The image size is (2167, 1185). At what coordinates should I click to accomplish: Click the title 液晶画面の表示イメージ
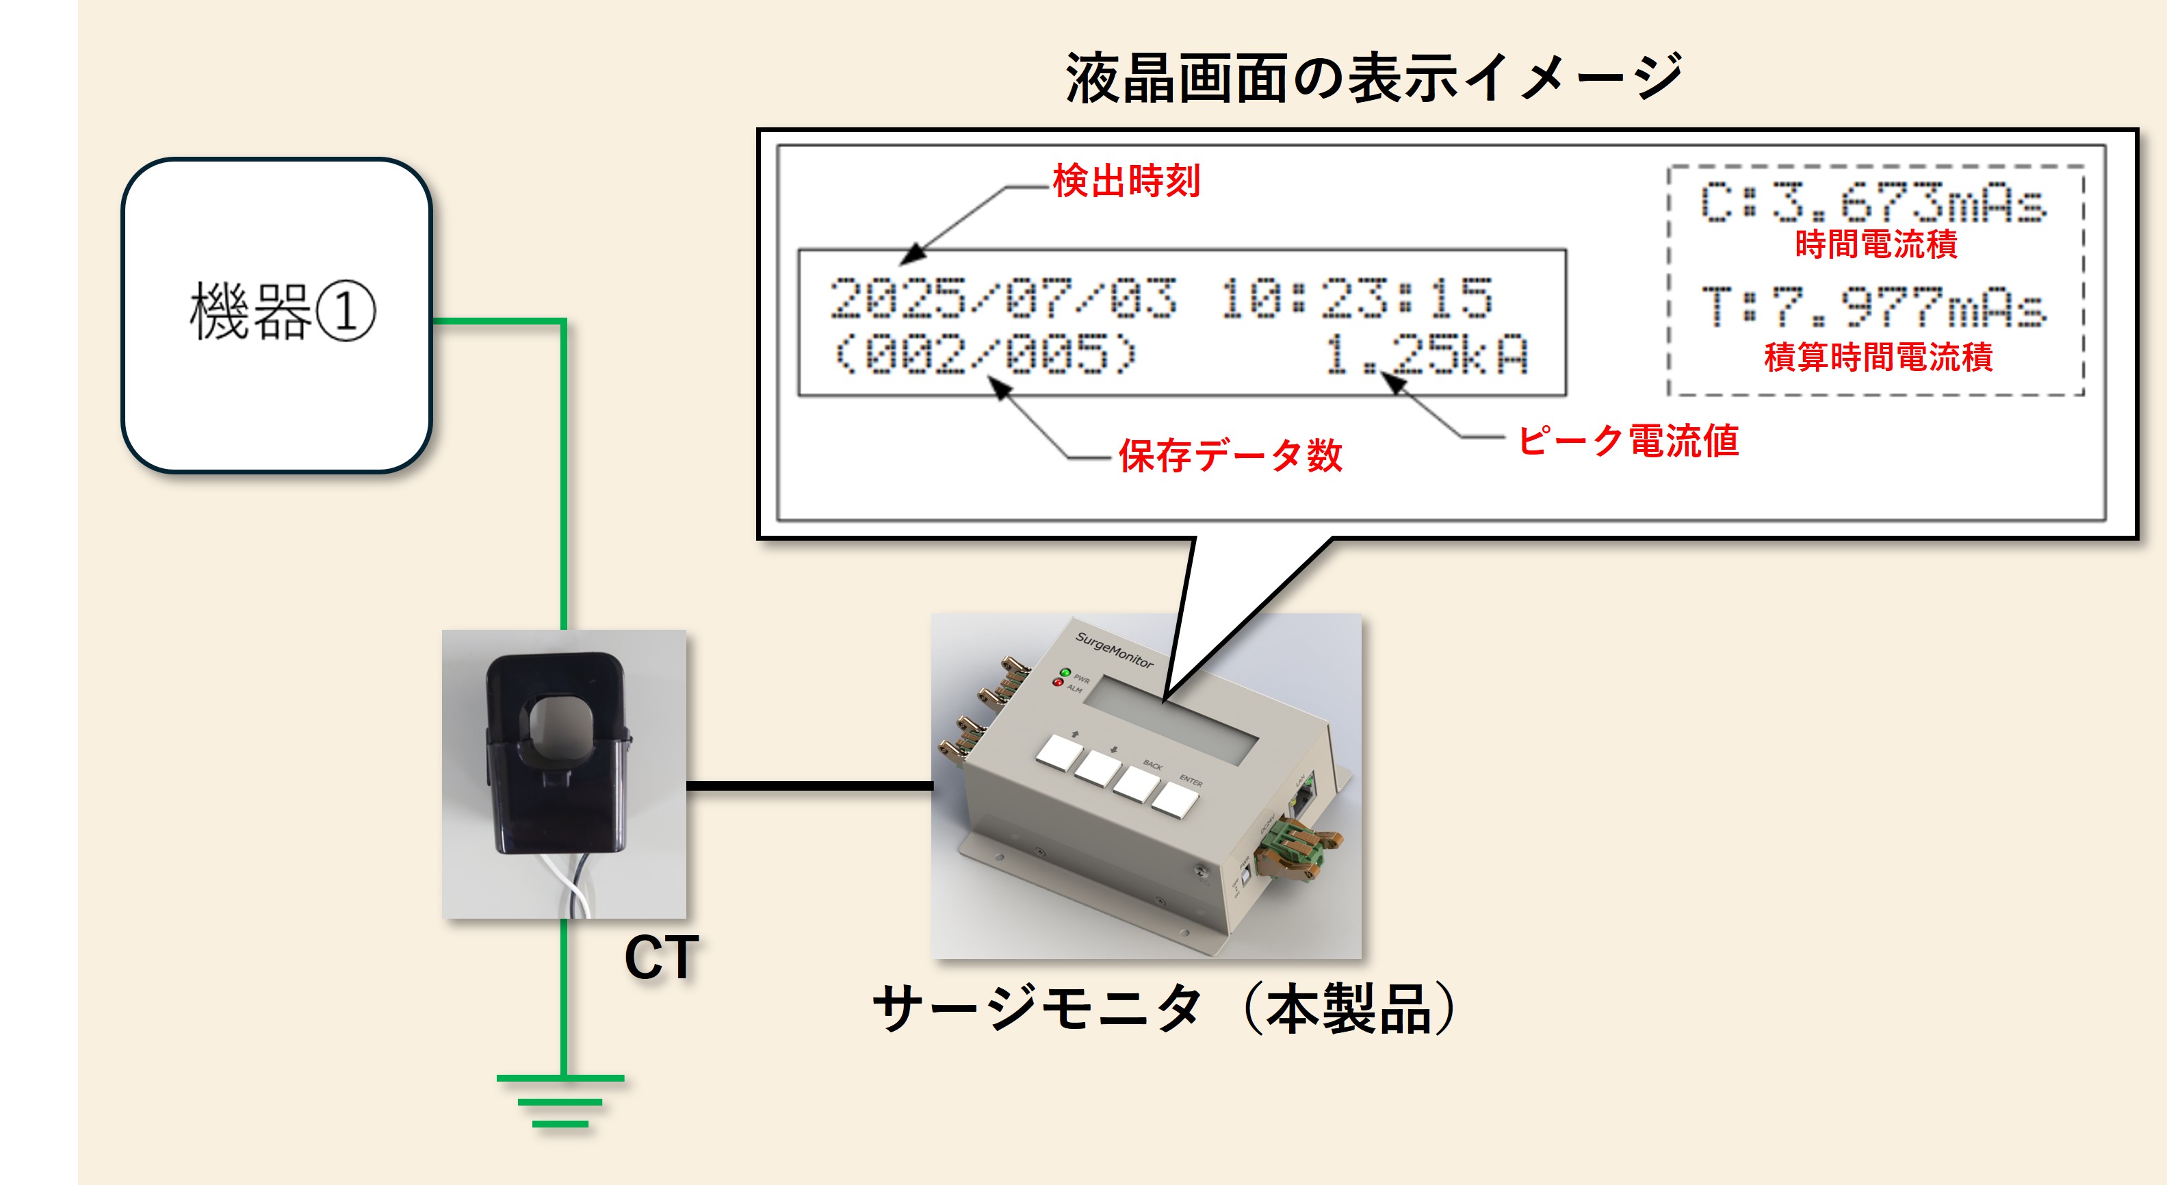coord(1373,78)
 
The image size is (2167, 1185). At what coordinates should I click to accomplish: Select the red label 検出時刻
coord(1126,181)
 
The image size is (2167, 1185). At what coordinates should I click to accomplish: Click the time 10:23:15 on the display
coord(1356,298)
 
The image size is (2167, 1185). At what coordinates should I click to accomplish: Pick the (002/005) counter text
coord(984,353)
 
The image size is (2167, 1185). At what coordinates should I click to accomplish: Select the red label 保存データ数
coord(1230,455)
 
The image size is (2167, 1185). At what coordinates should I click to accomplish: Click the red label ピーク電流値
coord(1628,440)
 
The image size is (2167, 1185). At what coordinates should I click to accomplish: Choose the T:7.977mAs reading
coord(1873,307)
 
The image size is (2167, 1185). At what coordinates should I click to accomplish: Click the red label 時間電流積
coord(1876,245)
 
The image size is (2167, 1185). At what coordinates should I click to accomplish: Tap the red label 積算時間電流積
coord(1878,357)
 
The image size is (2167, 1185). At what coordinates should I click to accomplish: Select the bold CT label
coord(661,958)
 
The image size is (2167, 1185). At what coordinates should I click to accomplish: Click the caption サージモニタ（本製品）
coord(1165,1008)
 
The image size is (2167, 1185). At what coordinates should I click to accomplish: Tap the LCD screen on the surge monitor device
coord(1169,719)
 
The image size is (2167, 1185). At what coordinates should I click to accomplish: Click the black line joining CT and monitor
coord(809,786)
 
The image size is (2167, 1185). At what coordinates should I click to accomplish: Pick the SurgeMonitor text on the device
coord(1114,650)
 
